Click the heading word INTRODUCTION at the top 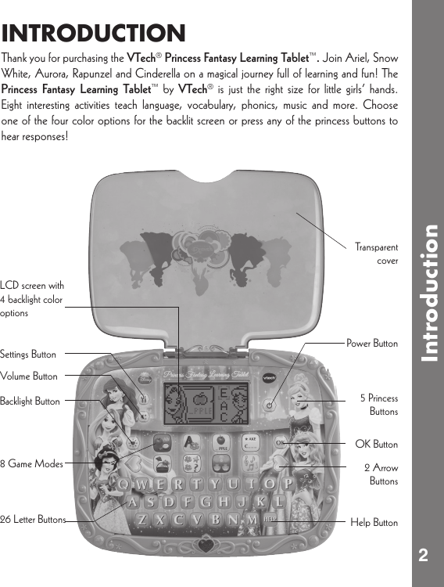click(94, 34)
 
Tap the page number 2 click(423, 556)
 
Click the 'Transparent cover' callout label click(376, 254)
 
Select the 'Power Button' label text click(372, 344)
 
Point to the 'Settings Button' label click(28, 355)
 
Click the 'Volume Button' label click(29, 376)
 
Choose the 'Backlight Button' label click(30, 402)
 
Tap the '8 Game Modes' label click(31, 464)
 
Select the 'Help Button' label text click(374, 522)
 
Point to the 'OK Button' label click(376, 445)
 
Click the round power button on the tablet click(270, 405)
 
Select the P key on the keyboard click(288, 484)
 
